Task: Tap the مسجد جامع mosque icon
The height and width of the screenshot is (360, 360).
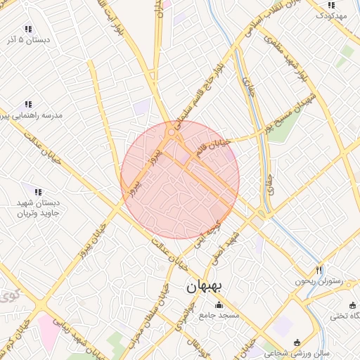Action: [219, 305]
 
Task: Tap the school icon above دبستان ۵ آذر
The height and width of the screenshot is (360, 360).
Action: [28, 29]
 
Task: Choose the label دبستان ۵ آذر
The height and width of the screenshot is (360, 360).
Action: [28, 41]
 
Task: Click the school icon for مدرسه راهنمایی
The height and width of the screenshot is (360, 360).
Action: [28, 104]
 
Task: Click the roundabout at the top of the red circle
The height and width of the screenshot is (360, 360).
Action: [172, 132]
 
